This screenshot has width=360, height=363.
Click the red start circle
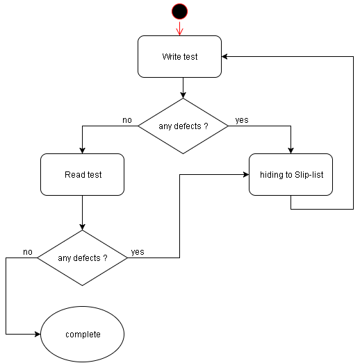click(179, 10)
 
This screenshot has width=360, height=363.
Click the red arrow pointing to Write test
click(179, 28)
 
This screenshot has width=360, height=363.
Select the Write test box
click(179, 56)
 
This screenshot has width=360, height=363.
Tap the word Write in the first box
click(172, 57)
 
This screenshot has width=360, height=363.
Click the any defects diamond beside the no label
click(183, 126)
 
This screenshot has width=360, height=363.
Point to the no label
click(127, 120)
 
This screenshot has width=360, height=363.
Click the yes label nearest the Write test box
click(242, 120)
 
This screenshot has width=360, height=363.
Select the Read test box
click(82, 174)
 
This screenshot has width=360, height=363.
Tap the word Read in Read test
click(74, 175)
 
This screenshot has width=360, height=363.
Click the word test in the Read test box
click(94, 175)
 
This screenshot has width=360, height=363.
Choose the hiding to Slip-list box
click(291, 174)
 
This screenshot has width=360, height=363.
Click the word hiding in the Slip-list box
click(270, 175)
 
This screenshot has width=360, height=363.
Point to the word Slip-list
click(309, 175)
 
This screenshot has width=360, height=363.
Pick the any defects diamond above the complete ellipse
click(82, 258)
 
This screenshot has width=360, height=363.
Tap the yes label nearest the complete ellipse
click(138, 252)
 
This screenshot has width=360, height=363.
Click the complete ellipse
click(82, 334)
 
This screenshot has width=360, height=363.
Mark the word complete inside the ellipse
click(83, 335)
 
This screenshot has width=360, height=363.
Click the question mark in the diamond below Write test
click(206, 126)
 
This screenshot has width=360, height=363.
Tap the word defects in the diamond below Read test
click(88, 258)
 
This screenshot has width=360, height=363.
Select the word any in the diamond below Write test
click(165, 126)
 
